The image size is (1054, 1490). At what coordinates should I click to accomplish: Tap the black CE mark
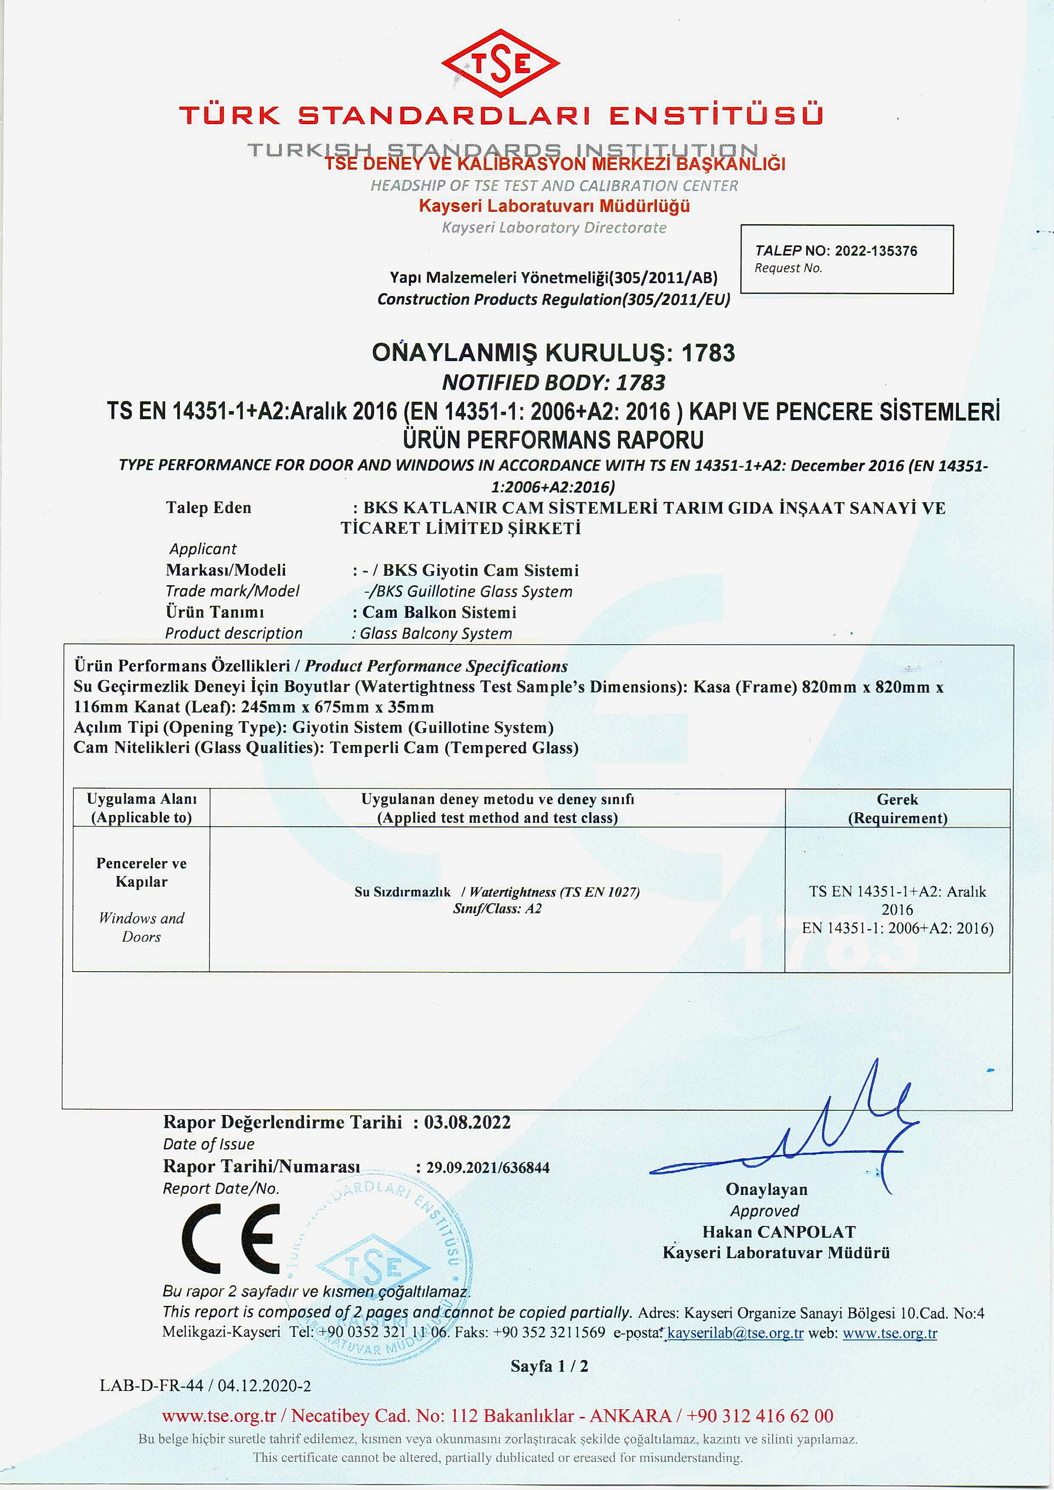[x=231, y=1240]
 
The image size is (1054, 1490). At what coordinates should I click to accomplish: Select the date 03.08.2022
[x=467, y=1122]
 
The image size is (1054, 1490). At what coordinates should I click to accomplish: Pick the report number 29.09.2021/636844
[x=487, y=1168]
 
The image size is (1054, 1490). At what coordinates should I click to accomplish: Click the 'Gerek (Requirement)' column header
[x=897, y=809]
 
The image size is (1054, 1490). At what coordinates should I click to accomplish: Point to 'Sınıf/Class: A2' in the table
[x=497, y=909]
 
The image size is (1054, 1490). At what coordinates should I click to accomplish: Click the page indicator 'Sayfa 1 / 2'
[x=549, y=1366]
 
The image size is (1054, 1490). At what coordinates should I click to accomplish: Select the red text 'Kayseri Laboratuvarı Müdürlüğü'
[x=554, y=206]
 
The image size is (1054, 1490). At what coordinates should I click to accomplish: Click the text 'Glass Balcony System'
[x=435, y=634]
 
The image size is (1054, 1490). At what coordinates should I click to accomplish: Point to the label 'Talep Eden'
[x=208, y=507]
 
